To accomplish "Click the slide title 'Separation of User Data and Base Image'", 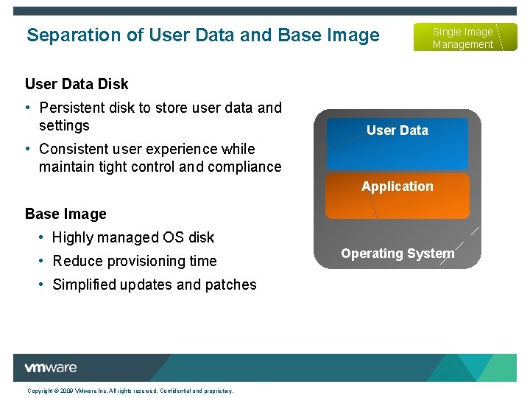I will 202,35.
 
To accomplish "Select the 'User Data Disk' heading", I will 77,84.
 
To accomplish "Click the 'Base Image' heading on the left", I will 66,214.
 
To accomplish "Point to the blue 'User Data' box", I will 397,144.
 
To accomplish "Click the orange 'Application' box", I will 397,195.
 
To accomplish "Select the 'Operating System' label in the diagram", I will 397,254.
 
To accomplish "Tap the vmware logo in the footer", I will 50,368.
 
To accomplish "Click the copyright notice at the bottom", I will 130,391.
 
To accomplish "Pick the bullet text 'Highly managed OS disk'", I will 133,237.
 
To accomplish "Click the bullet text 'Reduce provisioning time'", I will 135,261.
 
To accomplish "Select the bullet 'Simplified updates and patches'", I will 155,284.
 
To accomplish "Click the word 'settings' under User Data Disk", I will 64,125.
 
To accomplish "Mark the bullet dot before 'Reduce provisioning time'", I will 42,261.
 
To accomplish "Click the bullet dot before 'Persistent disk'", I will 28,108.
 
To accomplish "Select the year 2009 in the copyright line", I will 66,391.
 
